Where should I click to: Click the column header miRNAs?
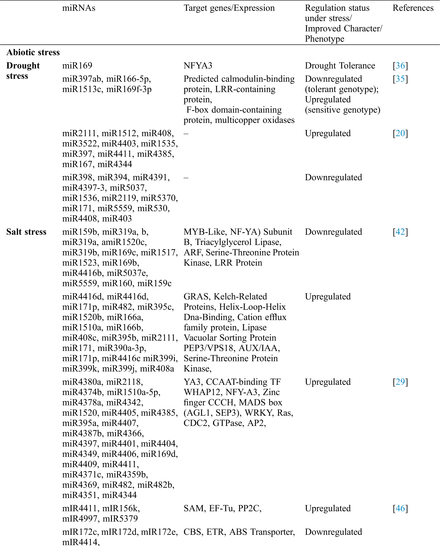click(x=78, y=8)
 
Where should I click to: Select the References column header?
click(x=413, y=8)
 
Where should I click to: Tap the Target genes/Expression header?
click(x=229, y=8)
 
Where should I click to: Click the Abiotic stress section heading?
click(x=33, y=52)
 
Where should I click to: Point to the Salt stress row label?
click(x=26, y=232)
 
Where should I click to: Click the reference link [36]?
click(x=400, y=66)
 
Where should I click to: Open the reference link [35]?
click(x=400, y=79)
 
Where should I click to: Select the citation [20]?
click(x=400, y=133)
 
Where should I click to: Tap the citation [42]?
click(x=400, y=232)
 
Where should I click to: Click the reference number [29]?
click(x=400, y=382)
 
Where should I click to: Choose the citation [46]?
click(x=400, y=509)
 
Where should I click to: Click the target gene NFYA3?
click(x=198, y=66)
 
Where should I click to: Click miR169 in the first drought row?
click(x=77, y=66)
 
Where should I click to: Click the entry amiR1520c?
click(x=124, y=242)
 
